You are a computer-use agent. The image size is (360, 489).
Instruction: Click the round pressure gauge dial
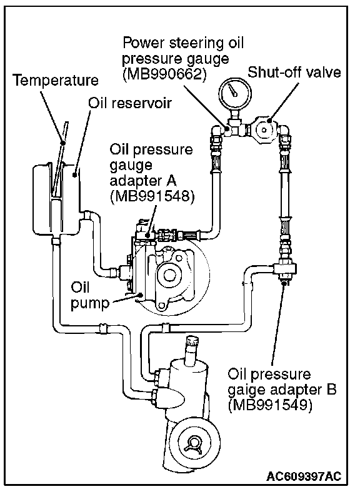[236, 93]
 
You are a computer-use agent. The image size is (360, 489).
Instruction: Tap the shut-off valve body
[264, 129]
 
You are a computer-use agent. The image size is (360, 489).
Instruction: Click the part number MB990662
[164, 74]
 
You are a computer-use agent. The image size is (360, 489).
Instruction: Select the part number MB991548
[152, 196]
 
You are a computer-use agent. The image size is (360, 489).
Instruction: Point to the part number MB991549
[270, 405]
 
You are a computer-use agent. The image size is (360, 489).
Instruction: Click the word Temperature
[56, 80]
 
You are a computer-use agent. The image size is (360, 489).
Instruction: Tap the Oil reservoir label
[129, 103]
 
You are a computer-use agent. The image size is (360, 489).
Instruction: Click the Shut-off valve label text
[294, 73]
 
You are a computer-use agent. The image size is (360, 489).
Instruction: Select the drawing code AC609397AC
[304, 476]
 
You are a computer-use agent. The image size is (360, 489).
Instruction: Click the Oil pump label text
[90, 295]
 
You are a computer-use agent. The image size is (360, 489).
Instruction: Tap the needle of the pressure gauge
[232, 90]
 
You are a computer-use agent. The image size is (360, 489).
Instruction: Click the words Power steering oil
[183, 43]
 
